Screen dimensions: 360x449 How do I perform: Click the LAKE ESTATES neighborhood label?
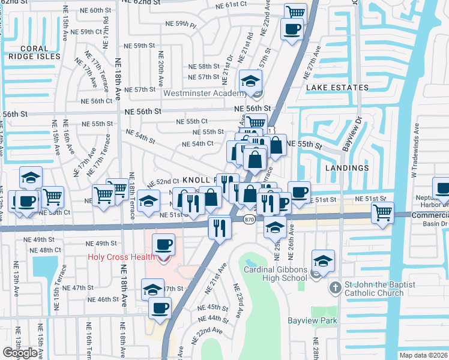click(337, 88)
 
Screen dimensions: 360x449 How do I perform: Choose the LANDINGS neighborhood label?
click(349, 168)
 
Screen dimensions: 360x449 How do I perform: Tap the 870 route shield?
click(250, 220)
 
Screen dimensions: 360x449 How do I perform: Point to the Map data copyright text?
click(424, 355)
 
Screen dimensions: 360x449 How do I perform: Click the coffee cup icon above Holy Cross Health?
click(163, 244)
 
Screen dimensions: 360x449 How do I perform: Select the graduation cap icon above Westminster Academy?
click(251, 80)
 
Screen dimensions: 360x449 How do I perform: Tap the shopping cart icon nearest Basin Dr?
click(382, 212)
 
